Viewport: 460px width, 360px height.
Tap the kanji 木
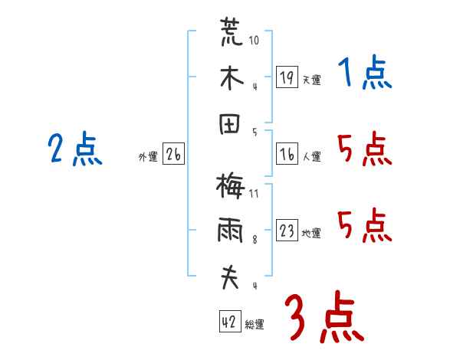pyautogui.click(x=230, y=78)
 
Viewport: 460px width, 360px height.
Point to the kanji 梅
pyautogui.click(x=230, y=187)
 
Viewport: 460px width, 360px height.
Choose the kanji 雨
pyautogui.click(x=230, y=231)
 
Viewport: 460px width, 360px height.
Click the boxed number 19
pyautogui.click(x=287, y=77)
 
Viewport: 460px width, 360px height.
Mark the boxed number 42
pyautogui.click(x=229, y=322)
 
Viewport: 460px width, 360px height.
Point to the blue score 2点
pyautogui.click(x=75, y=149)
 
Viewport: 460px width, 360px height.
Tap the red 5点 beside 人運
pyautogui.click(x=365, y=149)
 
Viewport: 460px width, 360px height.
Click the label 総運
pyautogui.click(x=254, y=325)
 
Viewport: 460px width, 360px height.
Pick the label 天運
pyautogui.click(x=311, y=80)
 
